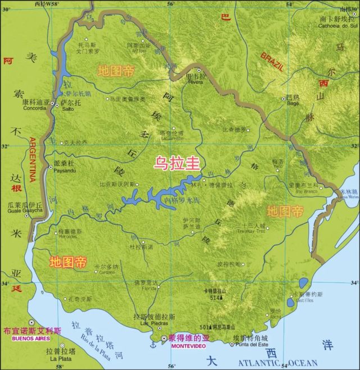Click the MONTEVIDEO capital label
click(189, 345)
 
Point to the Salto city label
click(67, 110)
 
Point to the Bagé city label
click(293, 103)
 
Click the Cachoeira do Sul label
click(338, 25)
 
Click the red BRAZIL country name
click(272, 62)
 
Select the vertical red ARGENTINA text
click(32, 160)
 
